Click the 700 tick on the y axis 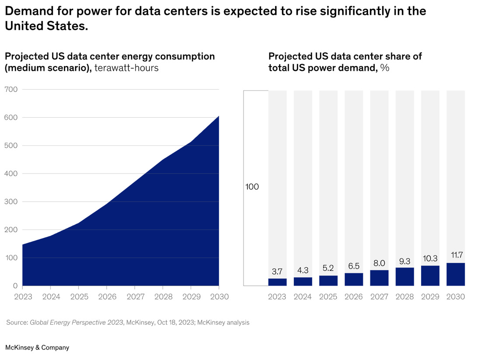click(11, 90)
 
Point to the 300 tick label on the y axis click(11, 202)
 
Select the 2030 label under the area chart click(219, 297)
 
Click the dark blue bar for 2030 click(456, 274)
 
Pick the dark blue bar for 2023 click(277, 282)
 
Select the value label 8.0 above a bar click(379, 263)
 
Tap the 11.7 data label click(456, 255)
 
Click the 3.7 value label click(277, 271)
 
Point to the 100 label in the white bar click(252, 187)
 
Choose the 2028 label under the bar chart click(404, 297)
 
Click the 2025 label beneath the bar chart click(328, 297)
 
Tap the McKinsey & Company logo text click(37, 348)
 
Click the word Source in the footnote click(17, 323)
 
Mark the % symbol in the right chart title click(385, 68)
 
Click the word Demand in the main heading click(27, 11)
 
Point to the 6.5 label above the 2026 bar click(354, 266)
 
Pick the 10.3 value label click(430, 259)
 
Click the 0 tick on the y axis click(15, 286)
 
